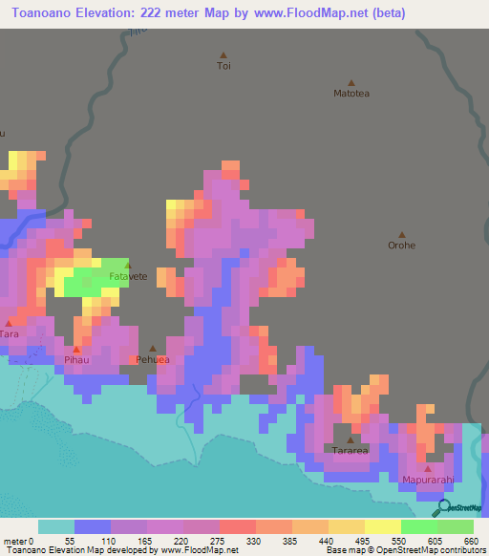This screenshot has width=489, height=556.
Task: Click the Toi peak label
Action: coord(223,66)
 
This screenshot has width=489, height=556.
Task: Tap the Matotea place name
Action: coord(351,94)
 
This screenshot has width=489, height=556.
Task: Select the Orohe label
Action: coord(401,246)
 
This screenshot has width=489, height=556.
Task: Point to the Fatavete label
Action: coord(128,276)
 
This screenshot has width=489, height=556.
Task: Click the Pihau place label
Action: coord(76,361)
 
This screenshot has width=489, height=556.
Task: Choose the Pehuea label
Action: coord(153,360)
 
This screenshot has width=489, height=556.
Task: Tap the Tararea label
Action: coord(350,450)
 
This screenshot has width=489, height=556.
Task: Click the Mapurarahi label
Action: coord(426,480)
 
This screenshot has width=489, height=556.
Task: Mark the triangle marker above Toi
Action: coord(223,54)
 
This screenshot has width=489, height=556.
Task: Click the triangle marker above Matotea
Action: coord(351,82)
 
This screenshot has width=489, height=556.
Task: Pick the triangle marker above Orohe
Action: coord(401,234)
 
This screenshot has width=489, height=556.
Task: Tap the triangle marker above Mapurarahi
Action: coord(426,468)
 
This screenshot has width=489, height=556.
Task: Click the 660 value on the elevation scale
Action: coord(471,541)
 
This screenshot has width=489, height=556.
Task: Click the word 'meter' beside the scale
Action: coord(17,541)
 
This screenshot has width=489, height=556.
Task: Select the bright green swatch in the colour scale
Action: coord(418,526)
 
